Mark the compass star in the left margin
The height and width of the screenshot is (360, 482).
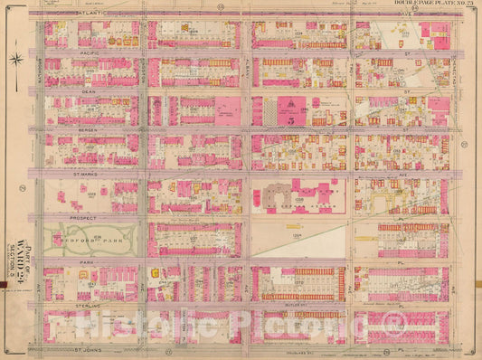[x=16, y=61]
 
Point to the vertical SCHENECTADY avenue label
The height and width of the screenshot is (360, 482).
[x=453, y=81]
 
